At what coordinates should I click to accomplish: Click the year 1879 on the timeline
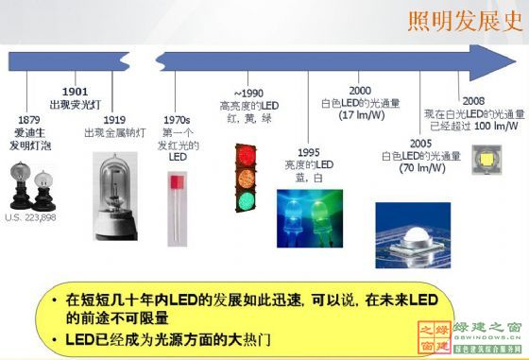(28, 120)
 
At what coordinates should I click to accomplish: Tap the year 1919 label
(115, 120)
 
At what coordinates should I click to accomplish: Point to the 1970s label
(178, 120)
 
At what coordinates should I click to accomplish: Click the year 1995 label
(309, 152)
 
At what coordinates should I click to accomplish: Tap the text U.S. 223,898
(30, 218)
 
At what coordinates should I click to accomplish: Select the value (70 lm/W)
(422, 167)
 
